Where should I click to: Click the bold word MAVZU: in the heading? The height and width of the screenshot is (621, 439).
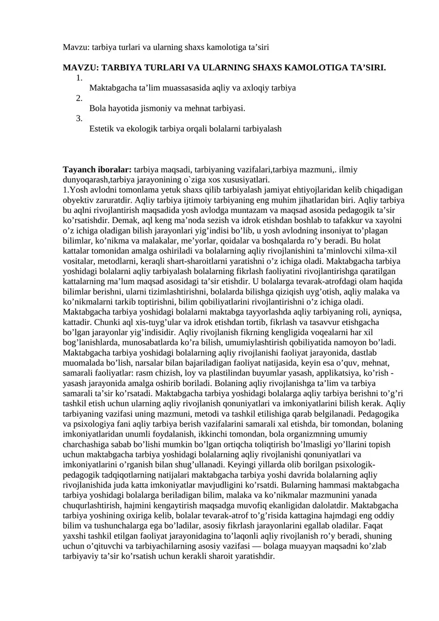click(79, 68)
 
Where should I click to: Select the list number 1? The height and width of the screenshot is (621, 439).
click(79, 78)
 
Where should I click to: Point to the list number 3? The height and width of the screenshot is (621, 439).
click(79, 118)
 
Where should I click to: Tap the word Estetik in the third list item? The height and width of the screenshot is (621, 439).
click(102, 128)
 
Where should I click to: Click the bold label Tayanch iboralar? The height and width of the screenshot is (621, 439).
click(97, 170)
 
